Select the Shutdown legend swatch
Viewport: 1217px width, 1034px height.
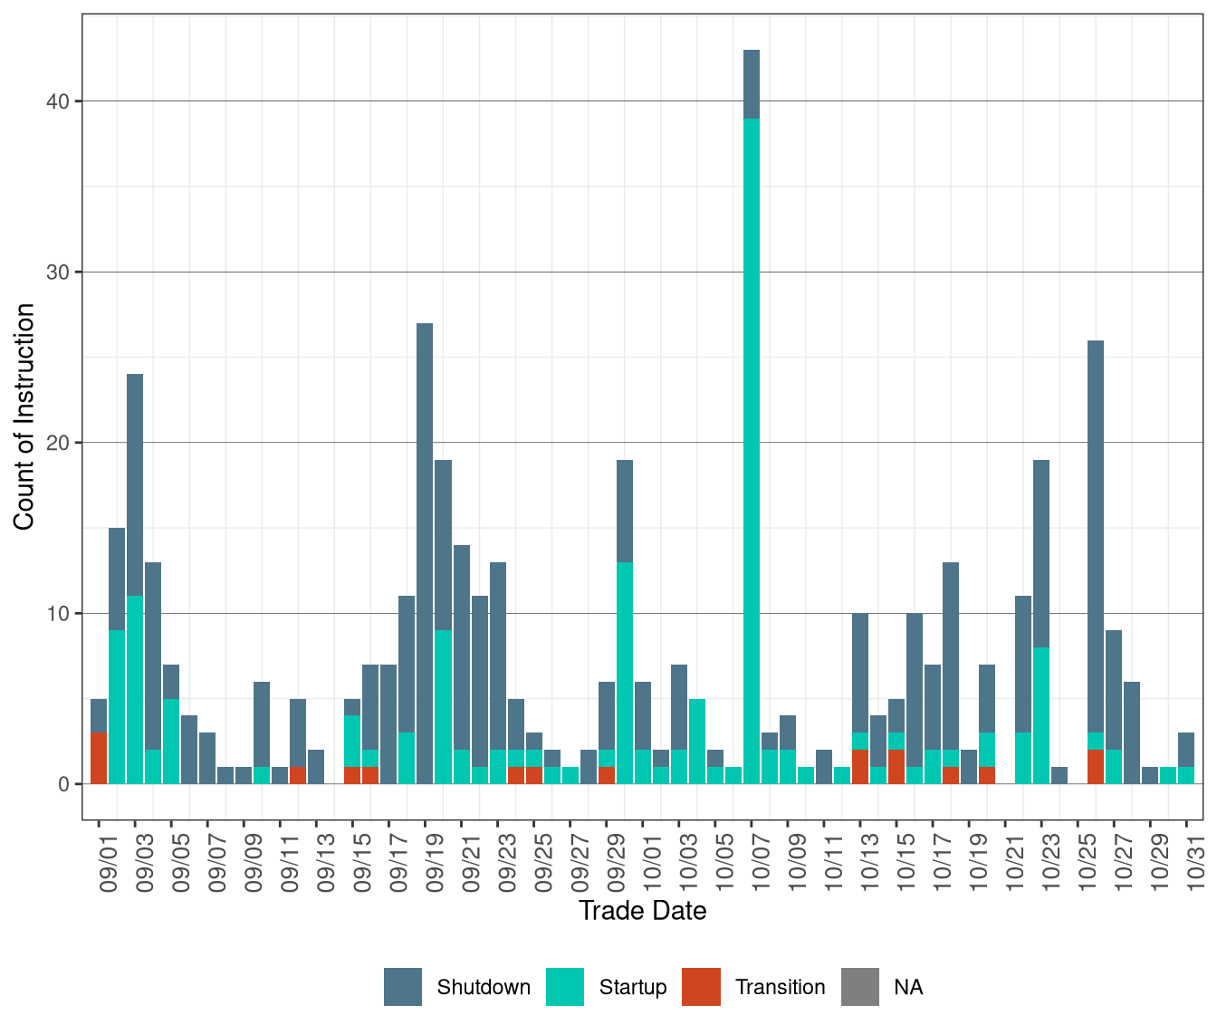403,987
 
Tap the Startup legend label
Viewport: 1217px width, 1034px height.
632,987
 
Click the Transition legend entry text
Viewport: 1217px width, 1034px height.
780,987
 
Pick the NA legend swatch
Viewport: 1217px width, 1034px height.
860,987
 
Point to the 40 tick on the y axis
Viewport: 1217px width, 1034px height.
58,101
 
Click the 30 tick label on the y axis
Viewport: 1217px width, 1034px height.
58,273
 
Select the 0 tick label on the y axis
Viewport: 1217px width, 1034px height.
63,784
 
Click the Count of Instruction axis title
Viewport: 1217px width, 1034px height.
24,416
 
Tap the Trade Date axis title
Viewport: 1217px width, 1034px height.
642,910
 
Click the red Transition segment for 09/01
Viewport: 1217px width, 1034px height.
99,759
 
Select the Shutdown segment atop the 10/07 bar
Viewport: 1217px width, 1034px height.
752,84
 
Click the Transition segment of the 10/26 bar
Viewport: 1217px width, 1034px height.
1096,767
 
